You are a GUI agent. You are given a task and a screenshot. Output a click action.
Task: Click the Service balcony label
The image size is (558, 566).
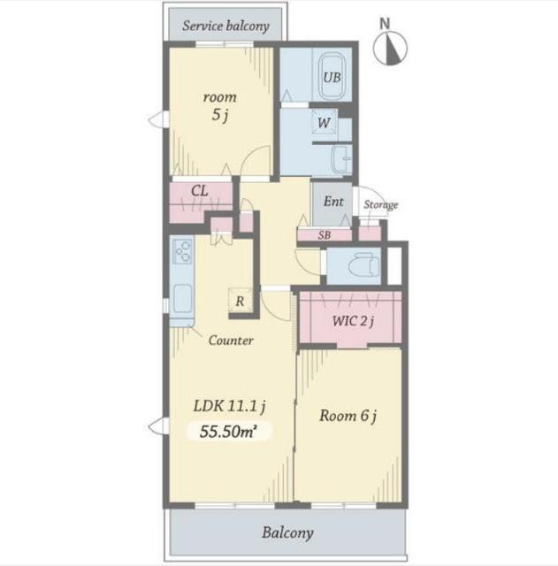click(225, 26)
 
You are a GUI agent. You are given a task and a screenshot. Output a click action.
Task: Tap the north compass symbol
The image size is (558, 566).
click(390, 48)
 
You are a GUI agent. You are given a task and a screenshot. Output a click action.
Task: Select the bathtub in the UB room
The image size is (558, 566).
click(332, 76)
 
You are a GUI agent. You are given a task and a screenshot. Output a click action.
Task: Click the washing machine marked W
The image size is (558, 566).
click(325, 122)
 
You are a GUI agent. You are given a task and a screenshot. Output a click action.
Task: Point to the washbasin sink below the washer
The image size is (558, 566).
click(342, 159)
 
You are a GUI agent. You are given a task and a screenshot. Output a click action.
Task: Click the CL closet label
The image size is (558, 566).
click(200, 191)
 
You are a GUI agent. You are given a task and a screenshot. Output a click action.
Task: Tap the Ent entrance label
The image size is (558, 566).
click(333, 202)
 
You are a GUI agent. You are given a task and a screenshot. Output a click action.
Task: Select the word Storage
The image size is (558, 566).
click(381, 204)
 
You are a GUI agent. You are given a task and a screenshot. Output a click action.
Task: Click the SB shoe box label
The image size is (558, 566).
click(325, 235)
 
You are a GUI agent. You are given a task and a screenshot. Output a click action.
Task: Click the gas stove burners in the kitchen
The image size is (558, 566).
click(182, 251)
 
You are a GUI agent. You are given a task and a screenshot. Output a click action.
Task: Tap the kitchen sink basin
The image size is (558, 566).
click(183, 299)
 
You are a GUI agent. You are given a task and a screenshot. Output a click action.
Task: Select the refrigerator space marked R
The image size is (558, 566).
click(240, 301)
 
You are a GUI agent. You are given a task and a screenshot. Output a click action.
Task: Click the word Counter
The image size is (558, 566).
click(231, 340)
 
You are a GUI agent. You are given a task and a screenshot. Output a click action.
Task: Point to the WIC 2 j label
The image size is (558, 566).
click(353, 320)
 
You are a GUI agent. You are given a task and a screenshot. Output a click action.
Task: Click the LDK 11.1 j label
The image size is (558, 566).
click(230, 406)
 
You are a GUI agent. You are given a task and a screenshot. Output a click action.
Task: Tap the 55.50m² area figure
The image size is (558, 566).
click(228, 431)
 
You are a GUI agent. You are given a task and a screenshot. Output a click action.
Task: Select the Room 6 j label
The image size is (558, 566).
click(348, 416)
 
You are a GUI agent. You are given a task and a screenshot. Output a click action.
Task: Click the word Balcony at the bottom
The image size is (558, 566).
click(287, 533)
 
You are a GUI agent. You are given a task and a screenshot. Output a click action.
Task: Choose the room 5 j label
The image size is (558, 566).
click(220, 106)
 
